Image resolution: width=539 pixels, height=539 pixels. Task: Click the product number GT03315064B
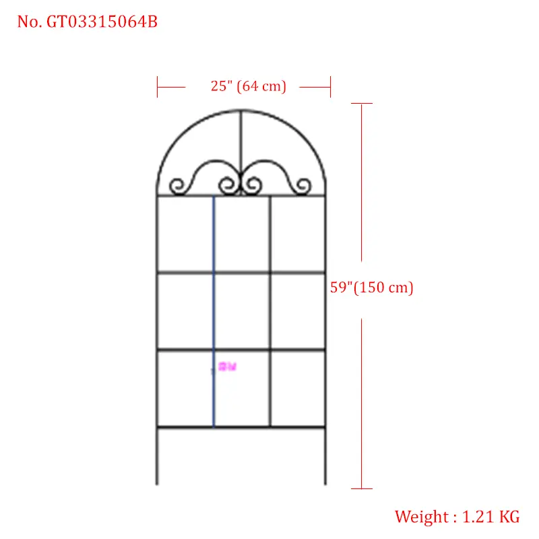[x=102, y=22]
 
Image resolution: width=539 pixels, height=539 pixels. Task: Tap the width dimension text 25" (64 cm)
[x=248, y=86]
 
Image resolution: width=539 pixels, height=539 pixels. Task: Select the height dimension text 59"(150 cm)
[x=371, y=288]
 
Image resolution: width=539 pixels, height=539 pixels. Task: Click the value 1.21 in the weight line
[x=478, y=517]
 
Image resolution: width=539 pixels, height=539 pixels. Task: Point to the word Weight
[x=421, y=517]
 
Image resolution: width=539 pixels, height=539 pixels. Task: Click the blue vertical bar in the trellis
[x=214, y=310]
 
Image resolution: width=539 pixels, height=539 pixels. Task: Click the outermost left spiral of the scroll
[x=177, y=185]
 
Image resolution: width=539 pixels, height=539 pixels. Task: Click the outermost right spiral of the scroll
[x=304, y=185]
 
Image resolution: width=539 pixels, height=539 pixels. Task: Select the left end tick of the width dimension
[x=157, y=86]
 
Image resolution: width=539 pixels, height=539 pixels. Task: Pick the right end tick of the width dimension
[x=330, y=86]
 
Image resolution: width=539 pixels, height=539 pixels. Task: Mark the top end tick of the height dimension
[x=362, y=103]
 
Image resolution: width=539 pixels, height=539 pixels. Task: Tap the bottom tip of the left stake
[x=157, y=483]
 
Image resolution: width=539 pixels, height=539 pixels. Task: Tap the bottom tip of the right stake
[x=325, y=483]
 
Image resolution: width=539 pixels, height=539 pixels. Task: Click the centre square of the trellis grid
[x=242, y=311]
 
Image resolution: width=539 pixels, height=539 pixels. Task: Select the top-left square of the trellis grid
[x=185, y=234]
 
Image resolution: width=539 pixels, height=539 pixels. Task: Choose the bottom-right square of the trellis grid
[x=297, y=388]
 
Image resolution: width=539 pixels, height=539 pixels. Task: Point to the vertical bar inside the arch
[x=241, y=145]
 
